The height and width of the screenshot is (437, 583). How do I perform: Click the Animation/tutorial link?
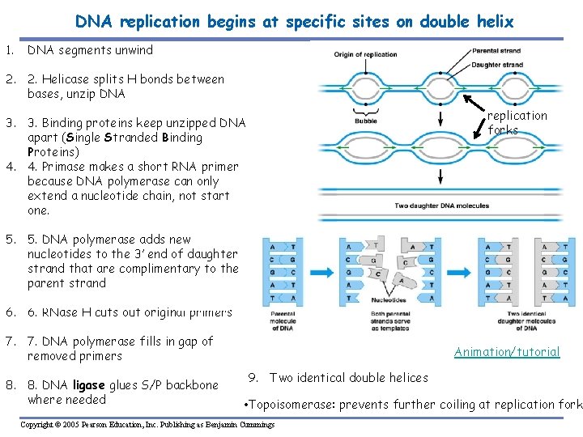(x=507, y=352)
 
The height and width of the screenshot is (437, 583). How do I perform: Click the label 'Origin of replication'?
(x=365, y=54)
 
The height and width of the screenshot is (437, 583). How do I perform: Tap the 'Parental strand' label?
(x=497, y=50)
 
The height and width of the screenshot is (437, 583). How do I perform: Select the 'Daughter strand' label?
(x=497, y=65)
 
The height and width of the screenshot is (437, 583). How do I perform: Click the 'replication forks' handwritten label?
(x=517, y=122)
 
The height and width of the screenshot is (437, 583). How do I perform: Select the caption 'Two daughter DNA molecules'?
(x=441, y=206)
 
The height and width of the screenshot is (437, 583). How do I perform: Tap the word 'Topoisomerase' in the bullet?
(x=291, y=405)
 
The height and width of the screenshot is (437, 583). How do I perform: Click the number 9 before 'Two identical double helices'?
(x=253, y=378)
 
